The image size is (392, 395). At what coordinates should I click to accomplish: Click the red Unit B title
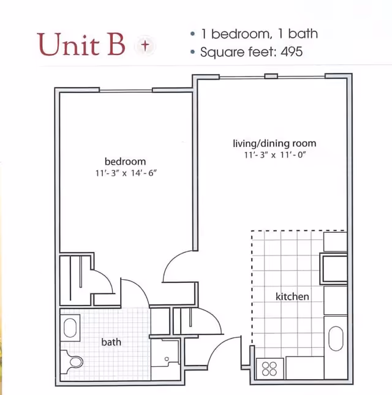(x=81, y=45)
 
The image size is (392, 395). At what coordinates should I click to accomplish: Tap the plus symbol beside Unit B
(x=145, y=45)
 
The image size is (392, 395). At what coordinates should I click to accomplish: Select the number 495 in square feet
(x=292, y=52)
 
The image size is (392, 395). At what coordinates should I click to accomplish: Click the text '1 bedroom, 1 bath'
(x=260, y=34)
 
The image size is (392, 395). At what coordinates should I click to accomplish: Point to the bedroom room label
(x=125, y=162)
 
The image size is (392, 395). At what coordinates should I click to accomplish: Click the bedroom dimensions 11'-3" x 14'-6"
(x=126, y=173)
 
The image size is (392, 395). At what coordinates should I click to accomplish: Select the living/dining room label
(x=274, y=143)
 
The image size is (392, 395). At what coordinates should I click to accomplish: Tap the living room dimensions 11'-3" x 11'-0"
(x=275, y=155)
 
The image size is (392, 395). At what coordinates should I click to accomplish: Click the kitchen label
(x=292, y=296)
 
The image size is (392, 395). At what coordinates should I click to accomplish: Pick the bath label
(x=111, y=342)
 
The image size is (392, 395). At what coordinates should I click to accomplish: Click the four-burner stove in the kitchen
(x=269, y=369)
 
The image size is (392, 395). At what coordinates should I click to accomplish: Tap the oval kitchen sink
(x=336, y=338)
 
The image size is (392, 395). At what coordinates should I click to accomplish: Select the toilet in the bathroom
(x=72, y=362)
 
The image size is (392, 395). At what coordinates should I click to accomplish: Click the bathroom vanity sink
(x=70, y=328)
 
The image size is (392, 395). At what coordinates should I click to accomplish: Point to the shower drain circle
(x=167, y=359)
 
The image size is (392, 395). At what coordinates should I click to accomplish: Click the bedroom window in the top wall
(x=126, y=91)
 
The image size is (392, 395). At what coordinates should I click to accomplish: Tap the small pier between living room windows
(x=271, y=76)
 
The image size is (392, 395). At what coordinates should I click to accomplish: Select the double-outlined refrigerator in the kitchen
(x=334, y=269)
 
